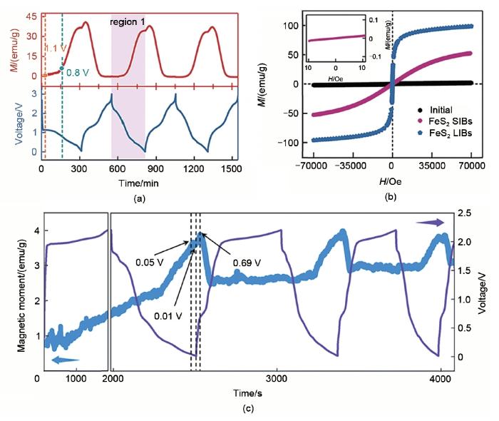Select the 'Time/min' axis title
[x=138, y=183]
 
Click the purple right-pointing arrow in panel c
[x=430, y=223]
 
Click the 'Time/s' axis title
[x=247, y=392]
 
